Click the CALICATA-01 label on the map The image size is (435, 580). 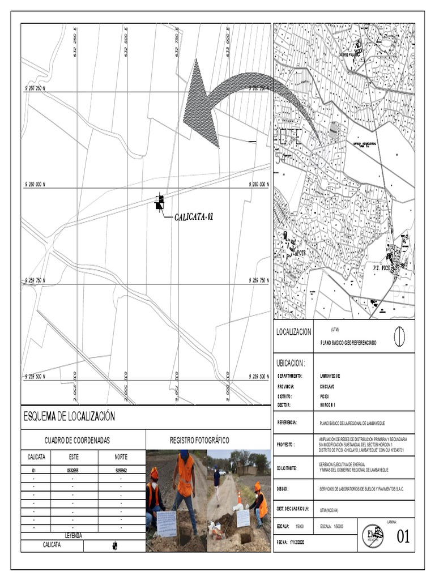194,216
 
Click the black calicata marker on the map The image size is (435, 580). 160,202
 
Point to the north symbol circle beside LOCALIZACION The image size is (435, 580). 399,336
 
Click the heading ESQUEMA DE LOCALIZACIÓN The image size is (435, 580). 69,416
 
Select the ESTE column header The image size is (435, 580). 74,457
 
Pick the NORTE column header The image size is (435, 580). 121,457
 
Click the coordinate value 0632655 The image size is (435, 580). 74,470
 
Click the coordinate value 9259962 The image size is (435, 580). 121,470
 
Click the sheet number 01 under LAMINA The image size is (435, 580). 403,536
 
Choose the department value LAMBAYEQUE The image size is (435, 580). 330,376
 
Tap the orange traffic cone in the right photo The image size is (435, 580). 240,497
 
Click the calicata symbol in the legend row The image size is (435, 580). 115,545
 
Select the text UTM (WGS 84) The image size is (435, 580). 332,510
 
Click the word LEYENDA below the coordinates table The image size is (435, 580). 74,535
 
